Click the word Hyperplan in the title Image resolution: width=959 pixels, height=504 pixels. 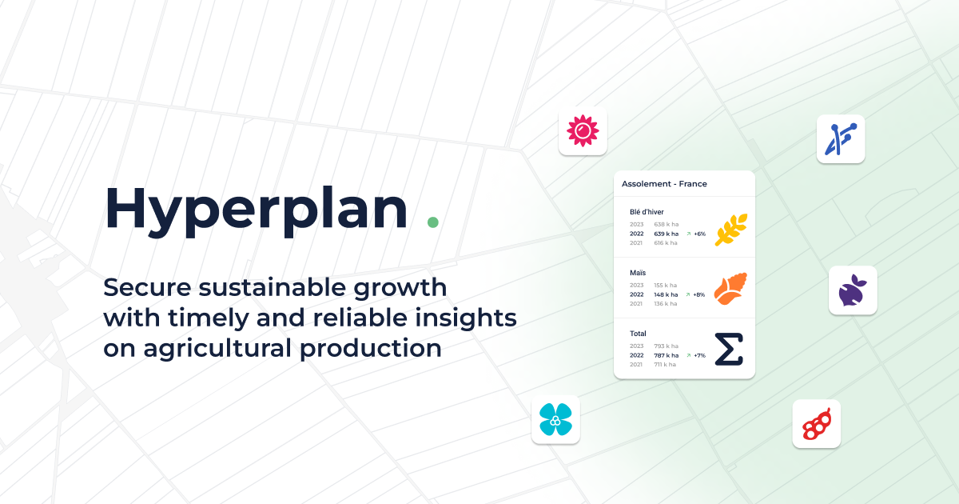coord(256,208)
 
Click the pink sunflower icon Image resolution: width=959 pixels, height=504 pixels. coord(583,131)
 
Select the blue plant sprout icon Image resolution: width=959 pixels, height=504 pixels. coord(841,139)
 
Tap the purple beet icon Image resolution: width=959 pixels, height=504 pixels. coord(853,290)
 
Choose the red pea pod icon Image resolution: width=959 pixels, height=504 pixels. coord(816,424)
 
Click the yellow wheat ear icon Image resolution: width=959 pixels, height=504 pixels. coord(730,229)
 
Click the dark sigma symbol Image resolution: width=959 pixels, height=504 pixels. coord(728,350)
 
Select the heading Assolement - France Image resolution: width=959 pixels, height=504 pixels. coord(664,184)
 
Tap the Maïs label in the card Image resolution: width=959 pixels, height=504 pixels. coord(638,273)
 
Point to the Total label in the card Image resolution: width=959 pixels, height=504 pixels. coord(638,334)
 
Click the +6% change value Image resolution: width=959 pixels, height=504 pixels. coord(699,234)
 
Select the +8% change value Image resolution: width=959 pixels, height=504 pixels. coord(699,294)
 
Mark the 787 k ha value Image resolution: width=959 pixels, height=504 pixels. coord(666,355)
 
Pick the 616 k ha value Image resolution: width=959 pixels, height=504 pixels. coord(665,243)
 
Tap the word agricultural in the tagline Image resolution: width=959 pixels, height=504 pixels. coord(215,349)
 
